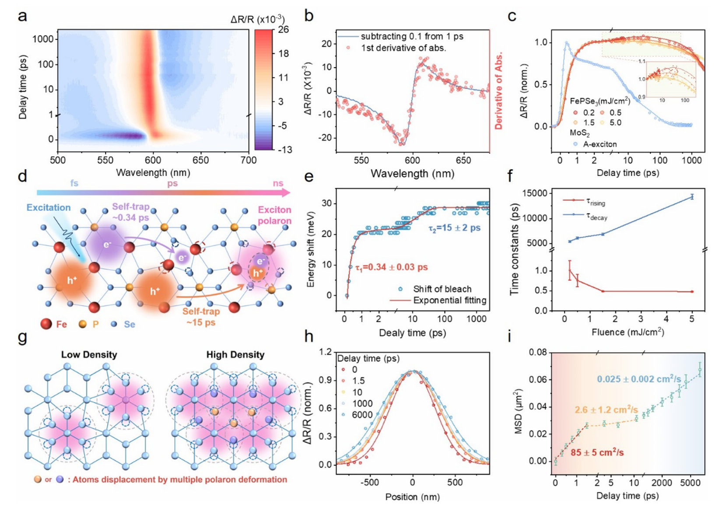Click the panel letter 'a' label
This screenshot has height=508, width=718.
click(x=22, y=16)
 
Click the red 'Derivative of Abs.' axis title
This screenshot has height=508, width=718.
click(x=498, y=91)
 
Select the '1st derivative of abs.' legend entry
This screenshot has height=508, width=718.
click(x=403, y=48)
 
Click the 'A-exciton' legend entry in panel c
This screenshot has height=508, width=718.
click(x=600, y=144)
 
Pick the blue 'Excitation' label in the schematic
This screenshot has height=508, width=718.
click(x=48, y=208)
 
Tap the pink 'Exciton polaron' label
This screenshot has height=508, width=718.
click(x=274, y=215)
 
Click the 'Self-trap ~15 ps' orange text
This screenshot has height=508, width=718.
click(x=201, y=317)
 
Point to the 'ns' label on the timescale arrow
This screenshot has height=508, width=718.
click(x=278, y=183)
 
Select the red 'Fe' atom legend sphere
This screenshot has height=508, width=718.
click(x=46, y=324)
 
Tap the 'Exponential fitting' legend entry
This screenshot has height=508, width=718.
click(x=449, y=300)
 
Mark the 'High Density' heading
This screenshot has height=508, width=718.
click(x=235, y=355)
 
